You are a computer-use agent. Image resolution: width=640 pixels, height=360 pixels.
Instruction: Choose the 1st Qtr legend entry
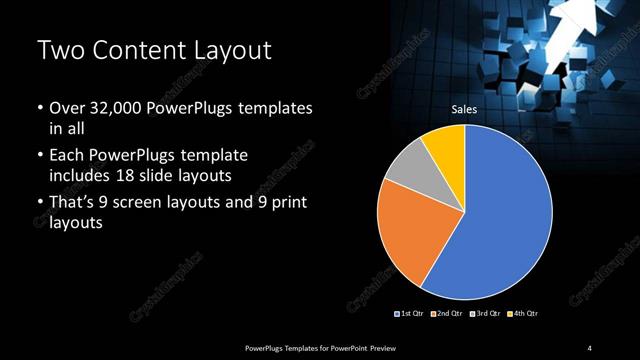point(410,314)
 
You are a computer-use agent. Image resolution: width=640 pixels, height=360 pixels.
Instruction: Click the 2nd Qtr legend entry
point(446,314)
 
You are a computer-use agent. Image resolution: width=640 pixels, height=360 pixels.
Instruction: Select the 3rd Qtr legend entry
point(484,314)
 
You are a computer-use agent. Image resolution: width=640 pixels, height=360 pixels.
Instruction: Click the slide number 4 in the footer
point(590,347)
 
